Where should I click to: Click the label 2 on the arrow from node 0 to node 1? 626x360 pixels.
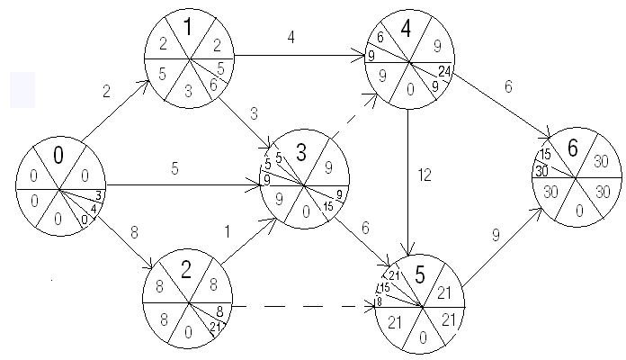108,91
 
